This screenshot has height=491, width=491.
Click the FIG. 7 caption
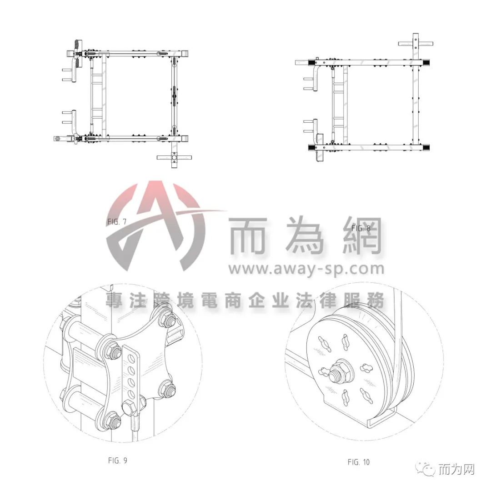(x=117, y=222)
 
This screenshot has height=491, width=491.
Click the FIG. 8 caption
(x=361, y=228)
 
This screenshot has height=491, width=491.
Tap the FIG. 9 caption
(x=118, y=460)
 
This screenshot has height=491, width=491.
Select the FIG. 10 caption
(x=359, y=462)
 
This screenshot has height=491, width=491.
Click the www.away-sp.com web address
(x=306, y=269)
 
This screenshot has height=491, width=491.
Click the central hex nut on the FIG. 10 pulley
(x=338, y=371)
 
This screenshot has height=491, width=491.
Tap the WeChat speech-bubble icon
(x=425, y=469)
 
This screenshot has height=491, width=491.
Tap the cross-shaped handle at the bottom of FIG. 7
(x=174, y=156)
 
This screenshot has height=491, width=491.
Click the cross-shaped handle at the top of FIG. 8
(x=416, y=44)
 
